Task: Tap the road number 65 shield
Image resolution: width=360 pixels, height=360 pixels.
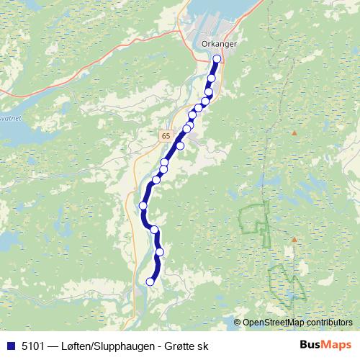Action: tap(166, 135)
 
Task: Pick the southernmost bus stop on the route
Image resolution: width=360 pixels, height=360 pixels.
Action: tap(150, 282)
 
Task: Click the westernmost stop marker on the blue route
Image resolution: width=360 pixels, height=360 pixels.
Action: tap(143, 206)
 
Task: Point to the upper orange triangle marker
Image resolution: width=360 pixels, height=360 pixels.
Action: tap(294, 133)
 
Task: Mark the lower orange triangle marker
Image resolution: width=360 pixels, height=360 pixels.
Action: tap(294, 239)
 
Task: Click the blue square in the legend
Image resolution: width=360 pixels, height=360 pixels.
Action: tap(10, 345)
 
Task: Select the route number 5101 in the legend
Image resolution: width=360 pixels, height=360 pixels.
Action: tap(32, 345)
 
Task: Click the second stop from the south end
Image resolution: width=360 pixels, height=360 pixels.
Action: tap(160, 252)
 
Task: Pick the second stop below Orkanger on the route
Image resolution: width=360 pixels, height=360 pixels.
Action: tap(209, 92)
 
